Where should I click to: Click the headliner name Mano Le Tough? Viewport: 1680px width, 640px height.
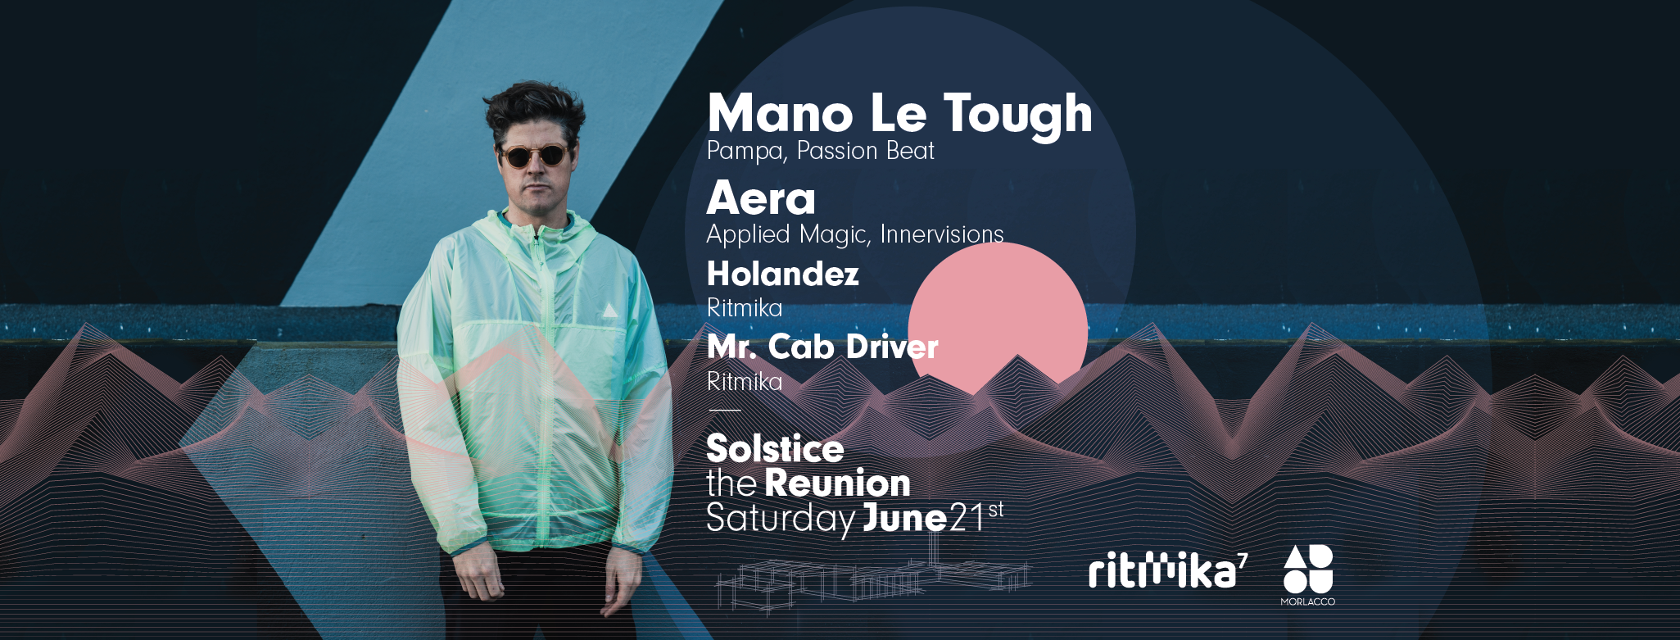(899, 114)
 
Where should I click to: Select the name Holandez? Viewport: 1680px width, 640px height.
(783, 274)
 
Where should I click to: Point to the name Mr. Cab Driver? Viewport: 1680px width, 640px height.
(822, 347)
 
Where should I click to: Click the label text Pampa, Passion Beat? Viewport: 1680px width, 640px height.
(820, 152)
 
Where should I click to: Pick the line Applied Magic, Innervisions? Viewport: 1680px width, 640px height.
(855, 234)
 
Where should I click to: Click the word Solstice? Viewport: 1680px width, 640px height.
(775, 448)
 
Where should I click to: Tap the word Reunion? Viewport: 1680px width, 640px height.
(837, 483)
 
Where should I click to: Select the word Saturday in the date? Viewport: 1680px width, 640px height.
(781, 520)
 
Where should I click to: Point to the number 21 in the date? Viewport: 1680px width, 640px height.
(967, 519)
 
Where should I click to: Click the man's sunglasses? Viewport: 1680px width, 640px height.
(534, 155)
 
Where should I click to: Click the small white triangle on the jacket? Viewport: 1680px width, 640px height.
(609, 311)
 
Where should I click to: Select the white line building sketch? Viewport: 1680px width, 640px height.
(873, 583)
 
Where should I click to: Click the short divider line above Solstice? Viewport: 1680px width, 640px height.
(724, 410)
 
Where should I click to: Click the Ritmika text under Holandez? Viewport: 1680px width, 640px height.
(745, 308)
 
